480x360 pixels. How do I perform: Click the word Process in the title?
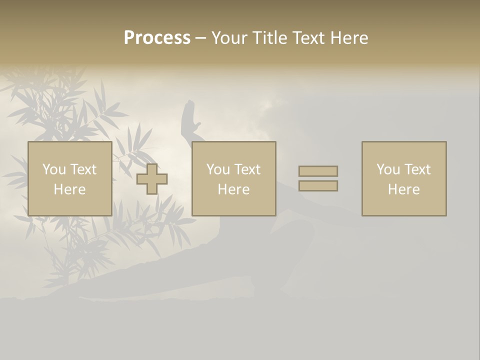157,37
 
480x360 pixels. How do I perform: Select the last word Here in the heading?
349,37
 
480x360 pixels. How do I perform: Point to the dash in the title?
200,38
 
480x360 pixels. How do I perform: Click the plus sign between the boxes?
152,179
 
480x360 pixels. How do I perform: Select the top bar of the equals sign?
318,171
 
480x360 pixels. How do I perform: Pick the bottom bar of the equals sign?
318,185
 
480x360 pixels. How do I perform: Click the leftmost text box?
69,178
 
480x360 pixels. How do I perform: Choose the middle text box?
233,178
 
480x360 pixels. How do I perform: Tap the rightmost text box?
403,178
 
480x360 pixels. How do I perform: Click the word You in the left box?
54,169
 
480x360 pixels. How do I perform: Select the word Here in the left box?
69,189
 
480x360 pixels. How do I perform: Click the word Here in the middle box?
233,189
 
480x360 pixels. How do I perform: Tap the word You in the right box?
388,169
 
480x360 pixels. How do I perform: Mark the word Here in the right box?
403,189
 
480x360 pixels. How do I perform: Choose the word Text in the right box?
417,169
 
